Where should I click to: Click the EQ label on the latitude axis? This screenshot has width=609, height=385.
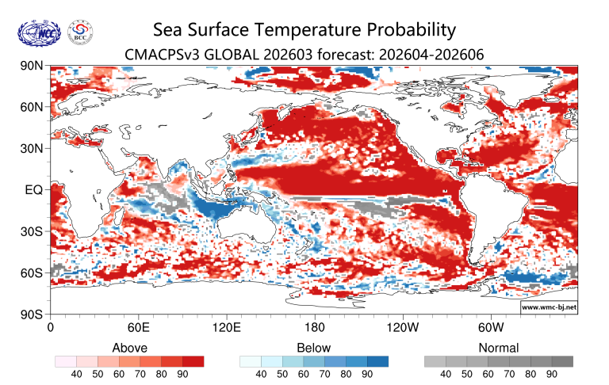coord(34,190)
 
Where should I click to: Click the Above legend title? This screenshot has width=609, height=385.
coord(129,348)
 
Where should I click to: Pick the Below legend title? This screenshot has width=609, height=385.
coord(313,348)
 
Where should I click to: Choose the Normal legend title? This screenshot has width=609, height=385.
coord(498,348)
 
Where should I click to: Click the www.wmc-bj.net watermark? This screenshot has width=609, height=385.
coord(548,306)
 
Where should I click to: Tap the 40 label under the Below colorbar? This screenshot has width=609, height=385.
coord(262,374)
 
